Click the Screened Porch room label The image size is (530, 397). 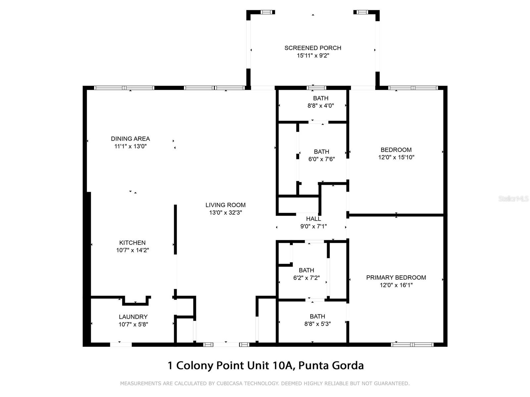point(313,48)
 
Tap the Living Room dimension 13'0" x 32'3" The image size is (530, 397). point(226,213)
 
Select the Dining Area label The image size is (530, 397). point(130,139)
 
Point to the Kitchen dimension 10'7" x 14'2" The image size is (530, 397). point(132,250)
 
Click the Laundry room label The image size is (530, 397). point(133,317)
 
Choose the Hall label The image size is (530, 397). point(313,219)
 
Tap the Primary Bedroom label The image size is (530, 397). point(396,278)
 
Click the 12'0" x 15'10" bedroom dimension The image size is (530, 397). point(396,157)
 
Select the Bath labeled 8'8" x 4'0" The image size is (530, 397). point(321,98)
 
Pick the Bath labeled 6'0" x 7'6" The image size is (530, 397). point(321,152)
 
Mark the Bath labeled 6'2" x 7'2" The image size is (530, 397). point(306,270)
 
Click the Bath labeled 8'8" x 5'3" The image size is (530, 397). point(317,316)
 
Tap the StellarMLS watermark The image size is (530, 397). point(513,199)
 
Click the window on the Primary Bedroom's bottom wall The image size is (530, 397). point(412,345)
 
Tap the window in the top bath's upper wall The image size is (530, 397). point(316,88)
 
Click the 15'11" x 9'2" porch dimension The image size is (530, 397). point(313,56)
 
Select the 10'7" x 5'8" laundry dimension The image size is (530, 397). point(133,325)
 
